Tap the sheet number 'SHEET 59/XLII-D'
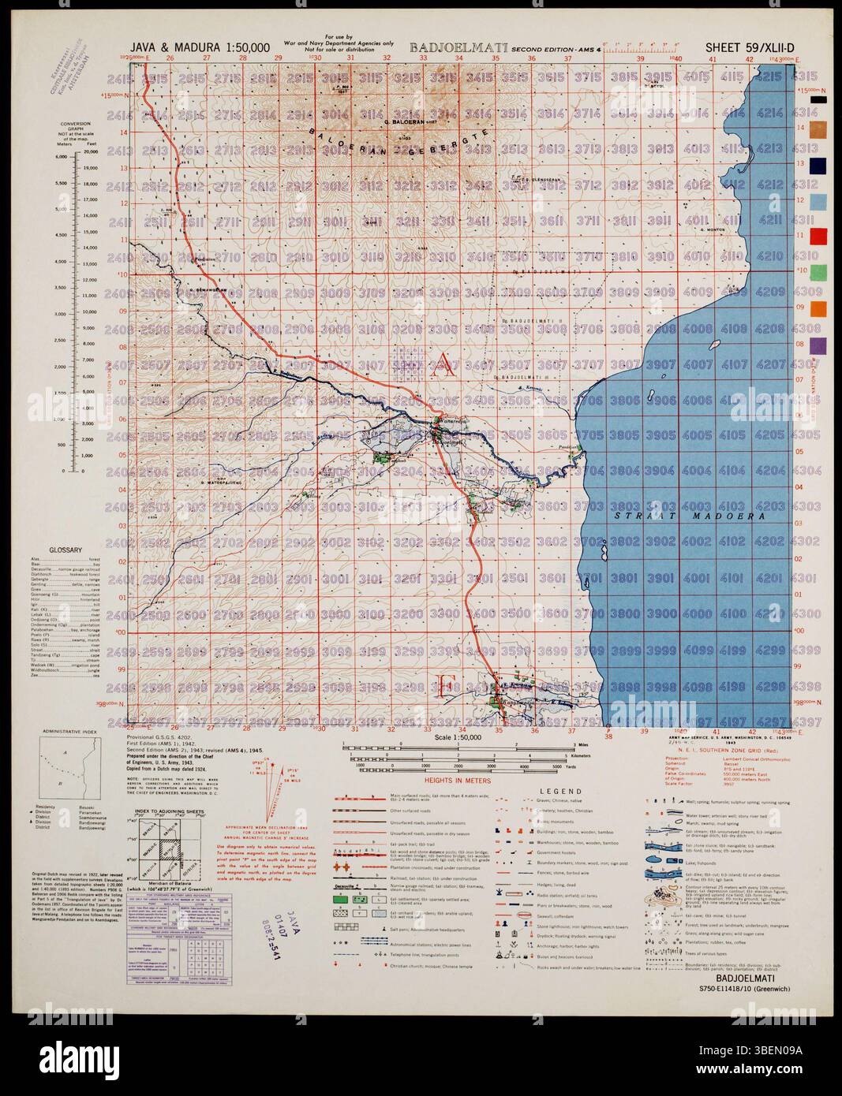point(749,48)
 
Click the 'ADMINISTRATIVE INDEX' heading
point(71,732)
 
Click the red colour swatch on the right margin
point(818,236)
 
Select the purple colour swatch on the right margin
point(818,345)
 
